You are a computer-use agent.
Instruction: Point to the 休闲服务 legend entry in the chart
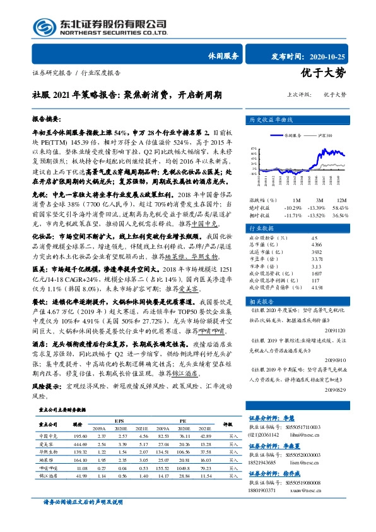pos(291,135)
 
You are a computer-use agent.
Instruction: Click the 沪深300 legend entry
pos(324,135)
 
